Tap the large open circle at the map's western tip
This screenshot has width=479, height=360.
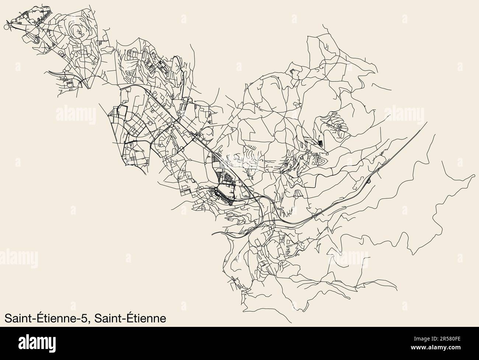click(6, 27)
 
